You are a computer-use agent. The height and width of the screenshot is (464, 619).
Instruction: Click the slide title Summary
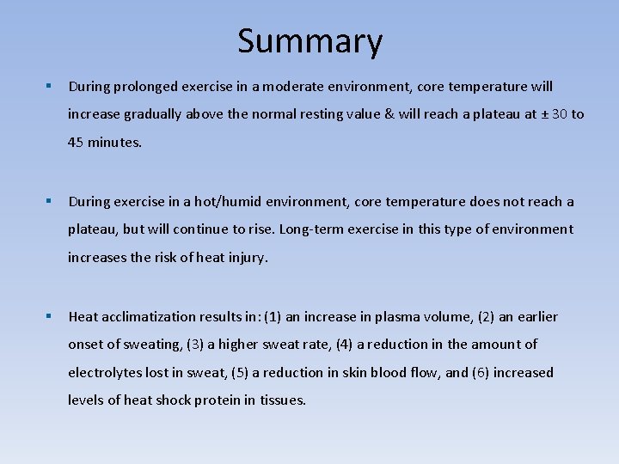pyautogui.click(x=309, y=41)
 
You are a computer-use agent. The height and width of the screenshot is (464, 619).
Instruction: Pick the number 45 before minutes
pyautogui.click(x=77, y=143)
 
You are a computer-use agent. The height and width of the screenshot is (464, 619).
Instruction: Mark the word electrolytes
pyautogui.click(x=103, y=373)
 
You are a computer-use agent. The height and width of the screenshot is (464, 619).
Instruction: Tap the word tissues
pyautogui.click(x=282, y=400)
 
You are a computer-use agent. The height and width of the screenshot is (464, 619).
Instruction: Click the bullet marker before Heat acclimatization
pyautogui.click(x=50, y=317)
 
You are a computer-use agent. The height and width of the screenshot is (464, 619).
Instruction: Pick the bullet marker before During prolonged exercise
pyautogui.click(x=50, y=87)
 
